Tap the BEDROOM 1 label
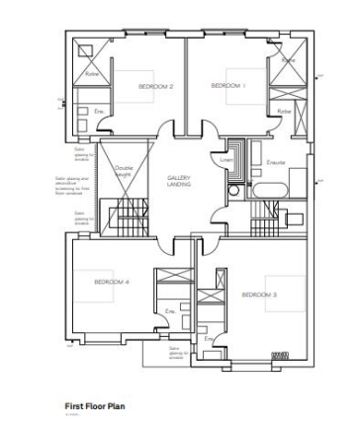229,86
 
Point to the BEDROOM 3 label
259,295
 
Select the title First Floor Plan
94,406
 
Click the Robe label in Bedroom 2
91,74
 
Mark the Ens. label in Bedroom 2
99,112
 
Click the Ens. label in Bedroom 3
209,339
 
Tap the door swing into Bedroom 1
205,130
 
